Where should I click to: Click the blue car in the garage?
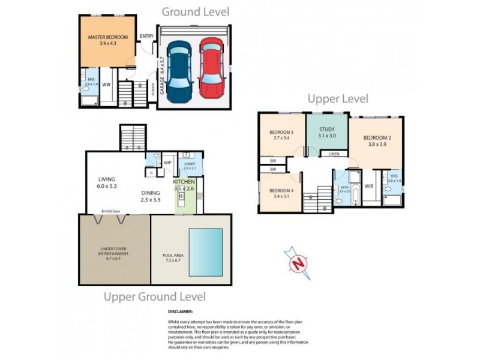(179, 72)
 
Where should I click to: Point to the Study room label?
(326, 128)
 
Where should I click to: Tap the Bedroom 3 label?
(281, 132)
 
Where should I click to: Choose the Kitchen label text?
(184, 181)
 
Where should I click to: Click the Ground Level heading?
(195, 11)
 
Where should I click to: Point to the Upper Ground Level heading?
(155, 296)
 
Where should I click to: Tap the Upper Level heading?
(338, 99)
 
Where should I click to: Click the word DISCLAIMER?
(181, 312)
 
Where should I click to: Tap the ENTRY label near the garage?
(146, 36)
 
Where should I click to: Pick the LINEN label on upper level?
(334, 154)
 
